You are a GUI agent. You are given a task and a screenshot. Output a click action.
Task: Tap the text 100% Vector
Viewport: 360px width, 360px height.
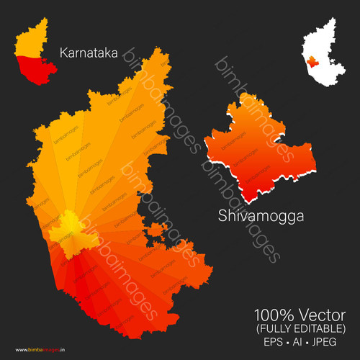point(300,315)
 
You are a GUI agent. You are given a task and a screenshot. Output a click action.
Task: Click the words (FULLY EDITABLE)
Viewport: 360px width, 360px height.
point(300,328)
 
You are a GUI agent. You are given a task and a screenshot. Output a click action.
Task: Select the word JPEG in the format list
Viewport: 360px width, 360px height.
point(330,342)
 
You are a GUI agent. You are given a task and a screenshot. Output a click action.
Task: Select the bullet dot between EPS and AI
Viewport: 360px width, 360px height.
point(286,342)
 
